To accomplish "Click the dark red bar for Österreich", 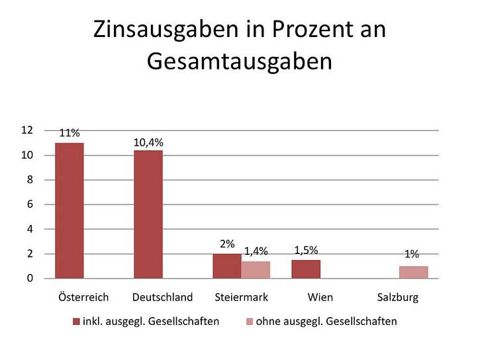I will tap(69, 210).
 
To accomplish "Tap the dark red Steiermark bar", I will tap(227, 266).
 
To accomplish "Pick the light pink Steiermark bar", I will tap(256, 270).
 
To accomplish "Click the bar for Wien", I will tap(306, 269).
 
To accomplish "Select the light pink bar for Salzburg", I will tap(414, 272).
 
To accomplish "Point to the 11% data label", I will tap(70, 133).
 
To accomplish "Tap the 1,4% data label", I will tap(256, 251).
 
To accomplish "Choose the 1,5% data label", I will tap(306, 249).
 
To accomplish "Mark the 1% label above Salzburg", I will tap(412, 253).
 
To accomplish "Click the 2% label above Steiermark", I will tap(227, 244).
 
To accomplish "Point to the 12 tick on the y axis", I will tap(27, 130).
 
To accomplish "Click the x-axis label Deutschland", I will tap(162, 297).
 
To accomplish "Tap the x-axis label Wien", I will tap(320, 297).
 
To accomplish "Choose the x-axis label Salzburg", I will tap(397, 297).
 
